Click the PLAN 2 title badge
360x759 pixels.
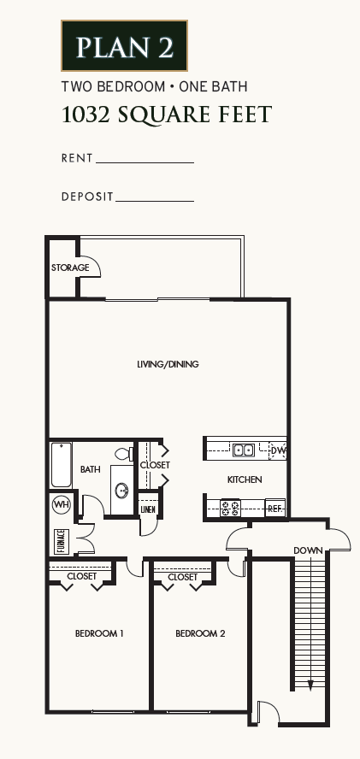pyautogui.click(x=124, y=46)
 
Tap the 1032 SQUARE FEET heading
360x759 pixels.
pyautogui.click(x=167, y=115)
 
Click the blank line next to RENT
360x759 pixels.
pyautogui.click(x=145, y=161)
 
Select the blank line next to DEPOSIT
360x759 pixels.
pyautogui.click(x=155, y=200)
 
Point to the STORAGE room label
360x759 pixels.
pyautogui.click(x=69, y=268)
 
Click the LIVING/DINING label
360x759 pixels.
pyautogui.click(x=168, y=364)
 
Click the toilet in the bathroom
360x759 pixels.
pyautogui.click(x=122, y=453)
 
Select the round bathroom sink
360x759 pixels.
pyautogui.click(x=122, y=491)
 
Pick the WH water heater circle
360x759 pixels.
pyautogui.click(x=61, y=504)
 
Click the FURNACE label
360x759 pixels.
pyautogui.click(x=61, y=540)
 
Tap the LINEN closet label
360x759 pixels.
pyautogui.click(x=148, y=510)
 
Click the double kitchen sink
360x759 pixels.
pyautogui.click(x=243, y=450)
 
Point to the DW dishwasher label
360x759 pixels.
pyautogui.click(x=278, y=450)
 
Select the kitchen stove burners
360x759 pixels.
pyautogui.click(x=231, y=509)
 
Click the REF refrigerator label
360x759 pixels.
pyautogui.click(x=274, y=509)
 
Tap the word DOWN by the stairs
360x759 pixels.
pyautogui.click(x=307, y=550)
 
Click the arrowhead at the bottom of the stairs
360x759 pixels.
pyautogui.click(x=310, y=684)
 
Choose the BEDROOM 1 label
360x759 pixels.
pyautogui.click(x=99, y=633)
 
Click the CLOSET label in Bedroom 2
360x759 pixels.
pyautogui.click(x=182, y=577)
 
